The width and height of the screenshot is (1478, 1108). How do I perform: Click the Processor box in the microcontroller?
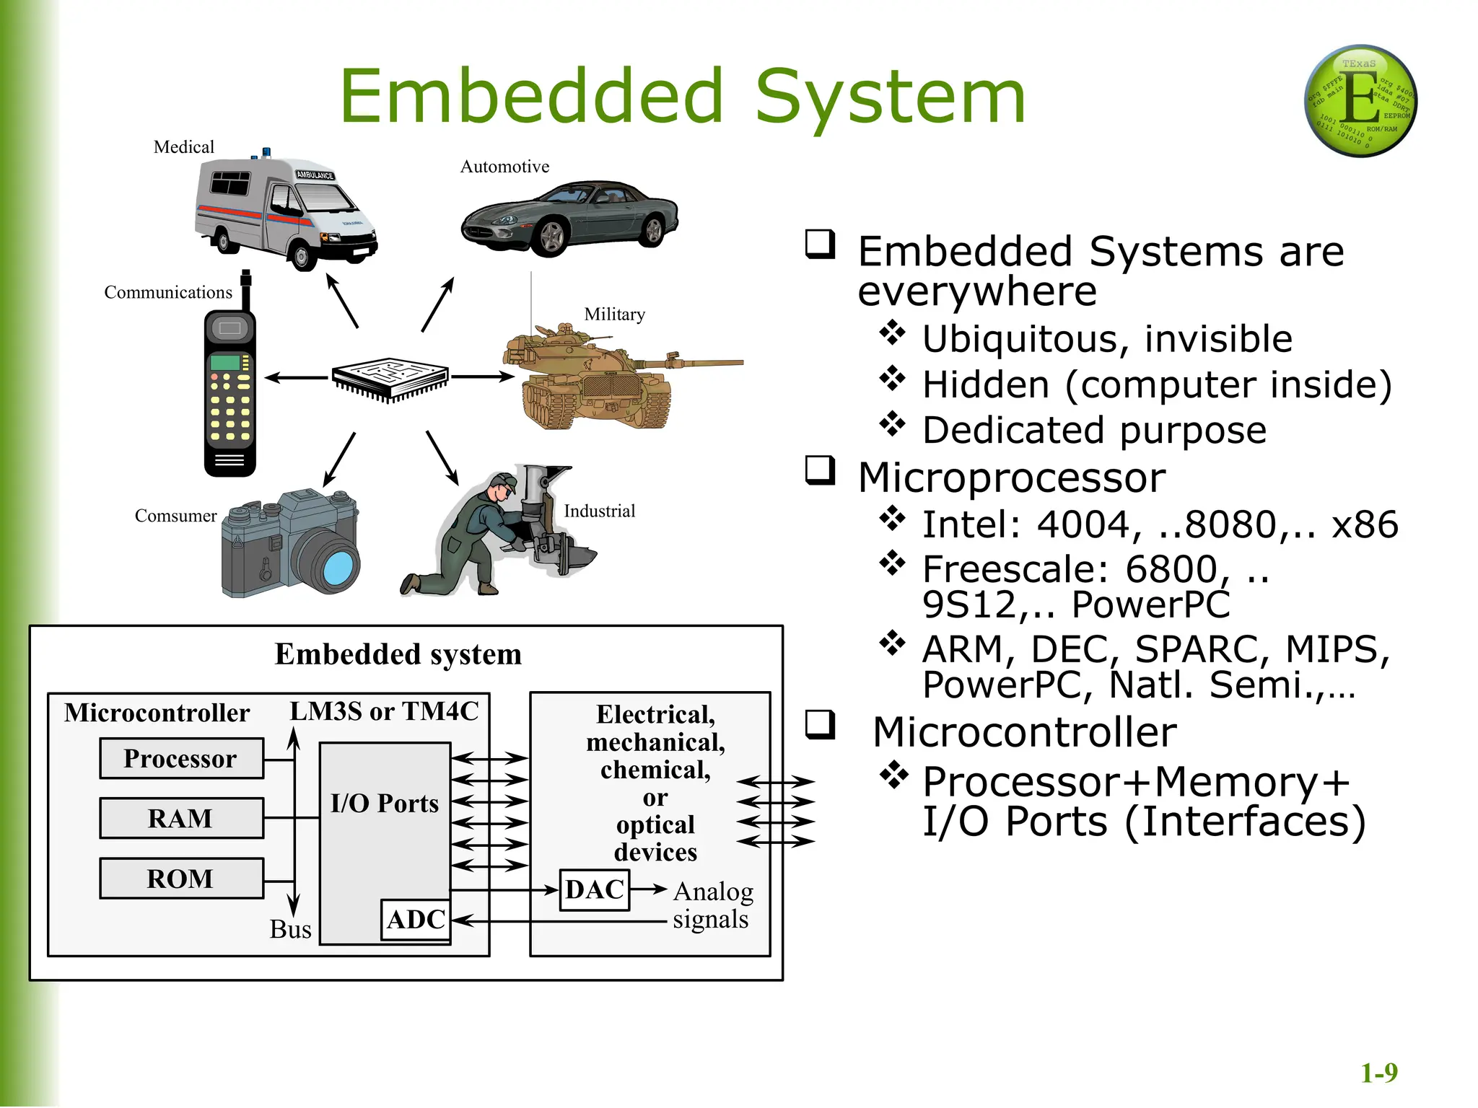[181, 758]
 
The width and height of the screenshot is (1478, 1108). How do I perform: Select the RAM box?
[181, 818]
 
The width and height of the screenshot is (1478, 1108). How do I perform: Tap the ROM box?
[181, 878]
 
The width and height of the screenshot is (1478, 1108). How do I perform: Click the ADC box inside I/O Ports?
[416, 920]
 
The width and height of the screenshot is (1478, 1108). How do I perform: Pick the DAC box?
[595, 889]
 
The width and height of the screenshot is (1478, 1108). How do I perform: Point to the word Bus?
[290, 929]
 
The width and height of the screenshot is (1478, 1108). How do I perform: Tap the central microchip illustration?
[390, 377]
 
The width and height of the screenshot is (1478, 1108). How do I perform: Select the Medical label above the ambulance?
[184, 147]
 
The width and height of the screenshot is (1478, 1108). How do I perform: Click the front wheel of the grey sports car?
[551, 237]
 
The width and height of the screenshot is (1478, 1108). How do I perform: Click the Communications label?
[168, 292]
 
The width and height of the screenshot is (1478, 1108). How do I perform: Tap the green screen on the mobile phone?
[225, 362]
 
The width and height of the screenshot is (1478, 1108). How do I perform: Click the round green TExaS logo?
[1360, 101]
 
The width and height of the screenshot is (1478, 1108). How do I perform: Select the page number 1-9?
[1378, 1073]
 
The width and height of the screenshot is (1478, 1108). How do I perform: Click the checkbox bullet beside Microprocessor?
[821, 470]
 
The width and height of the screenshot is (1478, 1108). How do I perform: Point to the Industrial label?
[599, 511]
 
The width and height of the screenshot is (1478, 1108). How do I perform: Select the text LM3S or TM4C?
[384, 711]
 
